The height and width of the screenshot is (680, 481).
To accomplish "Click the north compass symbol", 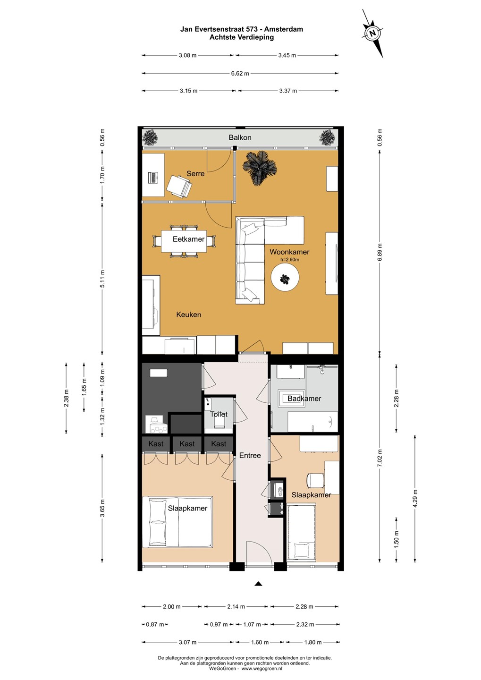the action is pos(372,33).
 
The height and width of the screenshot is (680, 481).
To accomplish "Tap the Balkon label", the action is pos(240,137).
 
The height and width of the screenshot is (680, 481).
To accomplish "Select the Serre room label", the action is pos(195,174).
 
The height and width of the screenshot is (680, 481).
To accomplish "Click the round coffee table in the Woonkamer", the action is pos(285,277).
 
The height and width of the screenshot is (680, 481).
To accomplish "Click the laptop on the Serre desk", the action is pos(153,178).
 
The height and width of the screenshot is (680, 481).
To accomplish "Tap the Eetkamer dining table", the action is pos(184,241).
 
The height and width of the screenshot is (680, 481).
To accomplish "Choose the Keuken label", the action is pos(189,314).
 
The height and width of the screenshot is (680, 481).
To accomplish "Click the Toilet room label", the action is pos(219,414).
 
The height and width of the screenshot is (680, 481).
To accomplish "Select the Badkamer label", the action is pos(304,398).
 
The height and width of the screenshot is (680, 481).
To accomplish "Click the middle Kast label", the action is pos(187,444).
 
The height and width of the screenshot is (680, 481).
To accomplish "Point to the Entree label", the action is pos(250,455).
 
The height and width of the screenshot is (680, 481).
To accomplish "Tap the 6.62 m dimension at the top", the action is pos(240,74).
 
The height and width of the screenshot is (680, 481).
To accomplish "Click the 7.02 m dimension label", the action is pos(380,459).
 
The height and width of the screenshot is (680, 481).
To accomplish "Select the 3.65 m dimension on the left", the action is pos(102,507).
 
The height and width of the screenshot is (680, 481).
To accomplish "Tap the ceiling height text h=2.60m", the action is pos(289,260).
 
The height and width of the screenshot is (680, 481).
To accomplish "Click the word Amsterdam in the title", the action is pos(283,29).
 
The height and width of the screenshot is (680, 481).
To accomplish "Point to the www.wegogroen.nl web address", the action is pos(262,669).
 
